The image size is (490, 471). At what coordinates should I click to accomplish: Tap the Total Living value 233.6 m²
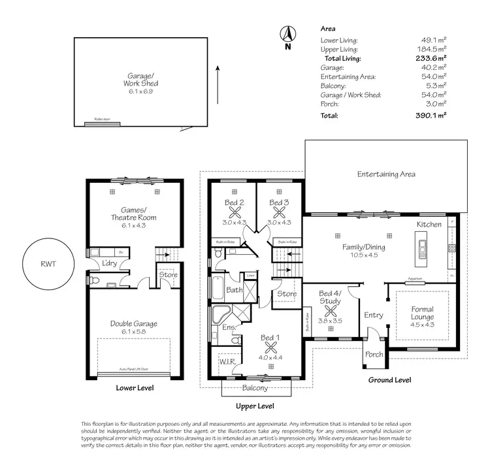pyautogui.click(x=432, y=57)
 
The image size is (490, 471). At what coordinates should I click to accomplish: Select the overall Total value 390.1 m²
pyautogui.click(x=432, y=115)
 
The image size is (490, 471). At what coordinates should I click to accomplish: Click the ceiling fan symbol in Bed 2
pyautogui.click(x=233, y=212)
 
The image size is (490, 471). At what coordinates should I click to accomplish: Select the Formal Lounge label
pyautogui.click(x=423, y=313)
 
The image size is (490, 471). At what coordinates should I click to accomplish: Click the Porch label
pyautogui.click(x=374, y=355)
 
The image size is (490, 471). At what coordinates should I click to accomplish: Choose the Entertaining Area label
pyautogui.click(x=385, y=174)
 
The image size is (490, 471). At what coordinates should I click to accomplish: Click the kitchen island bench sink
pyautogui.click(x=422, y=246)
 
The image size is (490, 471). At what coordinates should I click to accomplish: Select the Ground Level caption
pyautogui.click(x=389, y=380)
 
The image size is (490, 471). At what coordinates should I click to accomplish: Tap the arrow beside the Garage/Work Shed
pyautogui.click(x=218, y=77)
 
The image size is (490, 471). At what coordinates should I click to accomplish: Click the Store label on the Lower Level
pyautogui.click(x=168, y=274)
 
